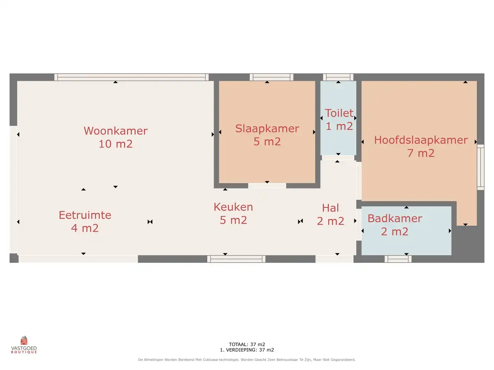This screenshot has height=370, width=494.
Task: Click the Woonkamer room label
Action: [x=116, y=131]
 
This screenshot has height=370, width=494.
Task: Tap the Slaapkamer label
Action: [x=267, y=128]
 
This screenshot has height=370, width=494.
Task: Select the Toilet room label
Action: [x=339, y=113]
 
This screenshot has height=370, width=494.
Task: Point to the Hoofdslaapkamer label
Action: [x=421, y=140]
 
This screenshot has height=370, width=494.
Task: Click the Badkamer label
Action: [x=395, y=218]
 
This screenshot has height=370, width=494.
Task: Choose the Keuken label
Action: [x=233, y=207]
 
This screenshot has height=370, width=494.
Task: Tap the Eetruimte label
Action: [x=85, y=215]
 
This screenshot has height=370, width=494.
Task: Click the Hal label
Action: [x=331, y=208]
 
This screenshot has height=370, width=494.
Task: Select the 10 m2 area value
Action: [x=116, y=144]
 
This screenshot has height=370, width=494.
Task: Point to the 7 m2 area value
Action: [x=421, y=153]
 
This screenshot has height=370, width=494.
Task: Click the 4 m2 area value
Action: [x=85, y=228]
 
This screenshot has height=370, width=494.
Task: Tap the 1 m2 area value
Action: [x=339, y=126]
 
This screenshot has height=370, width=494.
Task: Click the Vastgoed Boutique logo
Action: [x=24, y=345]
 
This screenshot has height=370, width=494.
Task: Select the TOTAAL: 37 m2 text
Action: [x=247, y=344]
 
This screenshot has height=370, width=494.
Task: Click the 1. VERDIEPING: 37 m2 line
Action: [x=247, y=350]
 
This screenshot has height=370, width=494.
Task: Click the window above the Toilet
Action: [x=338, y=77]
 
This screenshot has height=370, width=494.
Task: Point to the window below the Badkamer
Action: [x=398, y=259]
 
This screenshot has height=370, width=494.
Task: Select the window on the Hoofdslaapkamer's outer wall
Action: [x=481, y=167]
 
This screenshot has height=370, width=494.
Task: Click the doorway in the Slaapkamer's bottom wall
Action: [x=267, y=186]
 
